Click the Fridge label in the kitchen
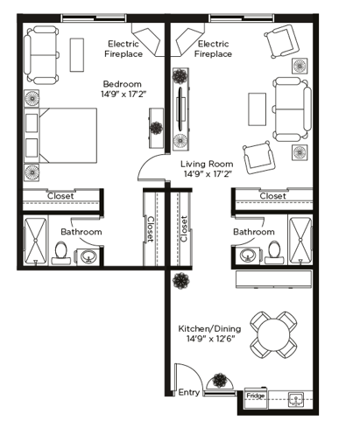point(256,396)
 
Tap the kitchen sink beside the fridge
point(296,399)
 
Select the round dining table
point(273,334)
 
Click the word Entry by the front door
point(189,392)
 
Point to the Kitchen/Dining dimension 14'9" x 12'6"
point(210,339)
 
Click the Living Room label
point(207,164)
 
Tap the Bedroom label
point(123,84)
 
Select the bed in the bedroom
point(60,136)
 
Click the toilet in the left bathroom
point(61,253)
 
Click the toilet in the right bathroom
point(274,252)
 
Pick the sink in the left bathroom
point(88,257)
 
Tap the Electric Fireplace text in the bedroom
point(124,49)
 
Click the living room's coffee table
point(258,109)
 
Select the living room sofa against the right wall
point(292,109)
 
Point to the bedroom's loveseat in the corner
point(41,55)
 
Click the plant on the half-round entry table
point(219,381)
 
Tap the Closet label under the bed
point(60,196)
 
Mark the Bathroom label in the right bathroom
point(254,232)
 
